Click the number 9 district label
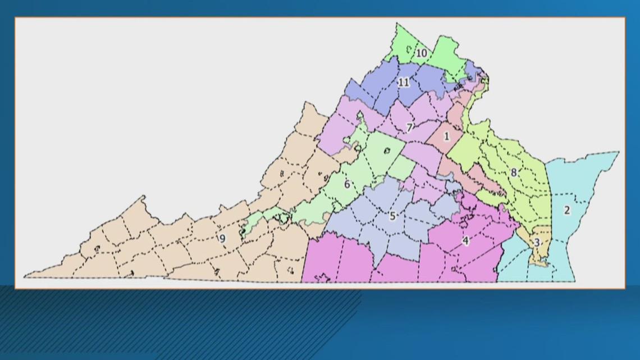222,238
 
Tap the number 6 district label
347,184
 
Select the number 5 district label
393,216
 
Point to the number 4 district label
465,241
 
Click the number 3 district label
537,243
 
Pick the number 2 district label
567,211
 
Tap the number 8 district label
513,172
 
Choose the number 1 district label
447,136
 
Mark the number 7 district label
410,127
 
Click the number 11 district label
404,83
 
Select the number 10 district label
422,53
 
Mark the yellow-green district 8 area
528,191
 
